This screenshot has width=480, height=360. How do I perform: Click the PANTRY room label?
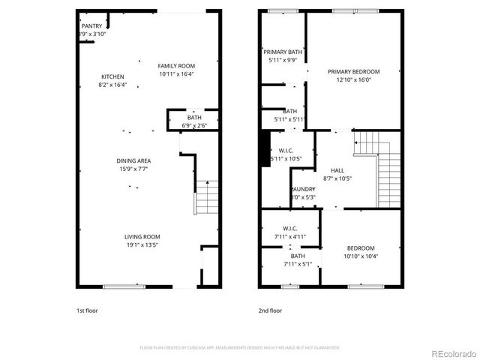coord(91,26)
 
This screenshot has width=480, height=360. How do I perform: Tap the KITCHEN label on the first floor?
coord(112,76)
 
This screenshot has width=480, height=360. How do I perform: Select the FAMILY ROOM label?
coord(177,66)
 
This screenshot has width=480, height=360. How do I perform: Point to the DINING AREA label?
coord(133,160)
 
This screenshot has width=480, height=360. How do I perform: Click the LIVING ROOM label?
coord(142,236)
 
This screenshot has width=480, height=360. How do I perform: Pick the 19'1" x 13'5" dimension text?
coord(142,244)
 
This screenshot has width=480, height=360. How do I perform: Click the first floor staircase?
coord(207,198)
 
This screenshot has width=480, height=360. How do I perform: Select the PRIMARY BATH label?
coord(283,52)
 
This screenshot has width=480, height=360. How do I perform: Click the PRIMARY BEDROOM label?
coord(353,72)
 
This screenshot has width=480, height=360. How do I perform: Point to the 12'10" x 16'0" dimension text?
coord(353,80)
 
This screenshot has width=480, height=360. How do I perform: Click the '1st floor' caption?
coord(87,310)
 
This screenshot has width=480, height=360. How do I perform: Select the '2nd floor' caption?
coord(270,310)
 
